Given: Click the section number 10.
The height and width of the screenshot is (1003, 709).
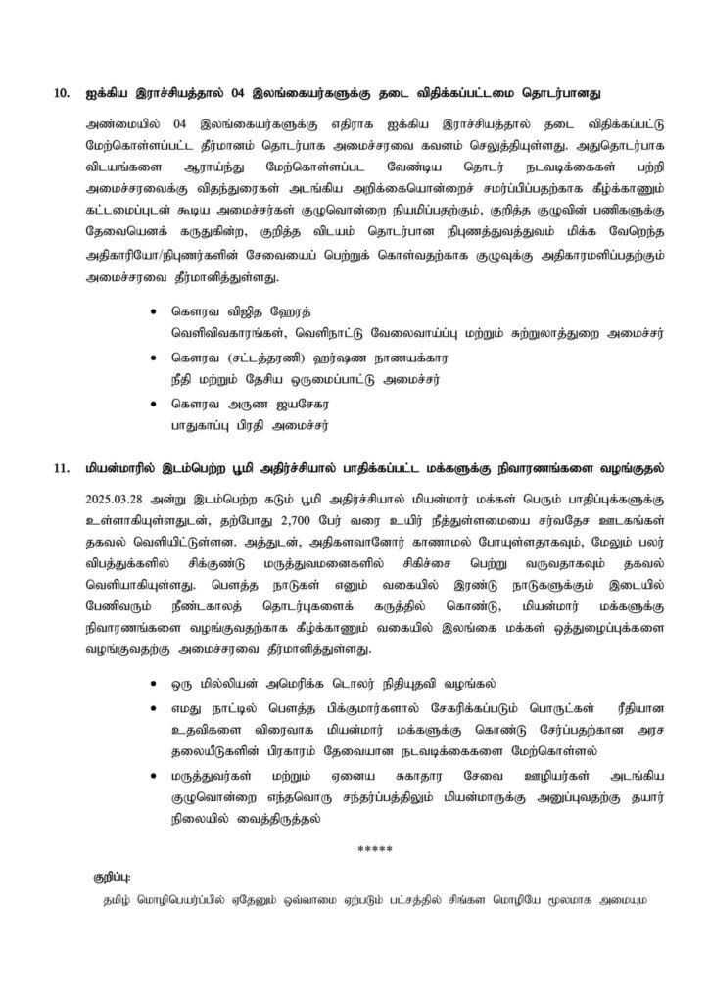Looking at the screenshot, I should (62, 94).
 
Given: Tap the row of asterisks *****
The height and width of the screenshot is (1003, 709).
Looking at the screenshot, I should (374, 848).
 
